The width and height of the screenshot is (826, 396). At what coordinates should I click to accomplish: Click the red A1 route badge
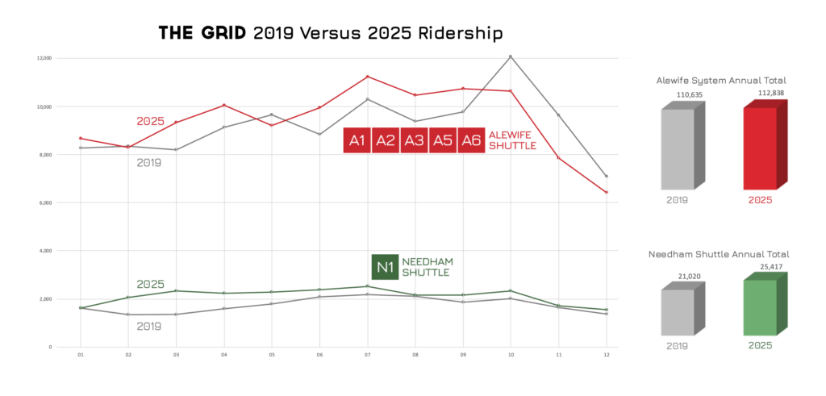click(x=357, y=140)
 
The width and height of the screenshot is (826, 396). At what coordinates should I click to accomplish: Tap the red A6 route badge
click(x=470, y=140)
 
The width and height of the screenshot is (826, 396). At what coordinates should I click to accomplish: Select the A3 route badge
click(x=414, y=140)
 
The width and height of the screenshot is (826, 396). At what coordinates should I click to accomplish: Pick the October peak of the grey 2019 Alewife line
click(x=510, y=56)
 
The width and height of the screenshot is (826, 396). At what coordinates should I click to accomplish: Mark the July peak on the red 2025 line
click(x=367, y=77)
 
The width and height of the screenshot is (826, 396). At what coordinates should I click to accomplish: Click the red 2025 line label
click(x=150, y=121)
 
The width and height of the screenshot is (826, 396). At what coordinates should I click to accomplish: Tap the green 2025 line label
click(x=150, y=284)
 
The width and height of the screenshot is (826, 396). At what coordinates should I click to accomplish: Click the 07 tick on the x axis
click(x=367, y=355)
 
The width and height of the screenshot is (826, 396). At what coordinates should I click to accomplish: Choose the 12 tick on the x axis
click(x=606, y=355)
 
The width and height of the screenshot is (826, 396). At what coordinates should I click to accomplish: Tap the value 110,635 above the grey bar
click(x=686, y=95)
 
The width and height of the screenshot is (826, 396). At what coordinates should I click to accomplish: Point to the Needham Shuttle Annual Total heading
click(x=719, y=253)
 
